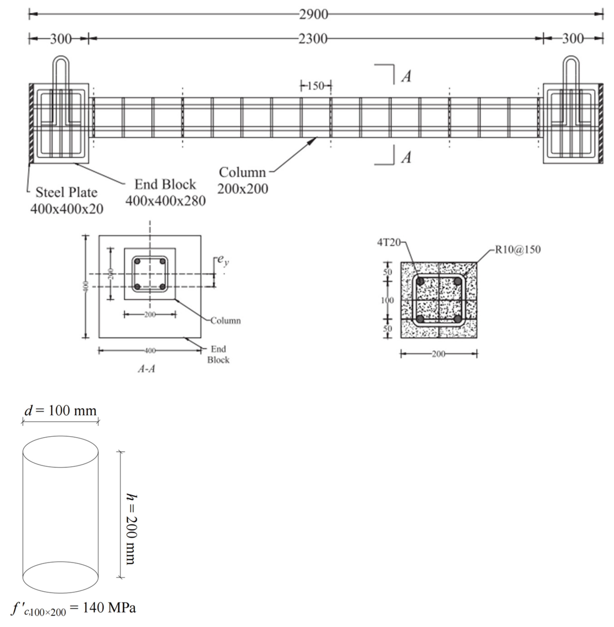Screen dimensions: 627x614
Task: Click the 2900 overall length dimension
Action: point(313,15)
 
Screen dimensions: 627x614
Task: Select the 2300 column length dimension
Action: point(313,39)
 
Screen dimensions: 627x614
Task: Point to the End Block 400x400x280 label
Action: point(165,193)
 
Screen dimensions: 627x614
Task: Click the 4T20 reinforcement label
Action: point(389,242)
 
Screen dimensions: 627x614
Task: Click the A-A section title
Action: point(146,369)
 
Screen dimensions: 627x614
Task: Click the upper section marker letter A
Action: point(406,77)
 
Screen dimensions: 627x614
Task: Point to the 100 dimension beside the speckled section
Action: point(387,300)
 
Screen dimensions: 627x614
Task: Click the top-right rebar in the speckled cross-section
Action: point(457,281)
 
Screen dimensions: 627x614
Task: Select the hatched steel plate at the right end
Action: point(601,124)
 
